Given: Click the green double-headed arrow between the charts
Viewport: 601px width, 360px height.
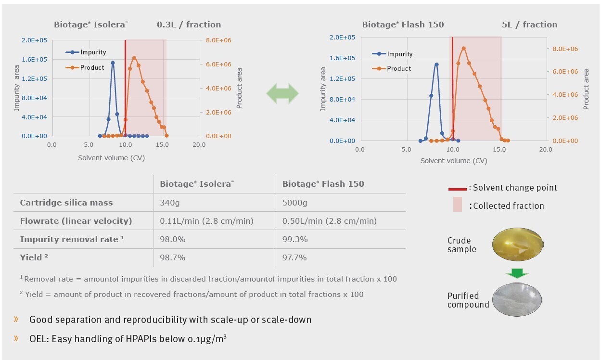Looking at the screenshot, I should [x=282, y=93].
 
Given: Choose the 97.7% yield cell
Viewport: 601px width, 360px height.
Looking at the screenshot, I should [x=294, y=257].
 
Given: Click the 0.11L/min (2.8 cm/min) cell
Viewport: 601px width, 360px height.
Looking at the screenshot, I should [x=206, y=221].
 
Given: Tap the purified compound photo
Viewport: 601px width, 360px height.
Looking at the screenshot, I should [x=517, y=298].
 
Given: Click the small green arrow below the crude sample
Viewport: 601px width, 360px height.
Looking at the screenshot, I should [x=517, y=273].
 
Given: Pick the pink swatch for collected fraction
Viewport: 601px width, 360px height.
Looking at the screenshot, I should [x=457, y=204].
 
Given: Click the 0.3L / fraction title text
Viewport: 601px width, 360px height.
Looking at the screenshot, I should [x=189, y=25].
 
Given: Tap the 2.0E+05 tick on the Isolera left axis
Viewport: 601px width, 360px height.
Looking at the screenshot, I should [x=34, y=40].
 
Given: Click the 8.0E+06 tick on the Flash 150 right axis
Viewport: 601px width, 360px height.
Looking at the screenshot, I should [x=565, y=49].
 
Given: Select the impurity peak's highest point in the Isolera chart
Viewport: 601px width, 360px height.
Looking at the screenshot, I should [x=113, y=63].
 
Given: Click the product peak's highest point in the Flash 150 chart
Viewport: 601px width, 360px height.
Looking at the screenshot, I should [x=463, y=48].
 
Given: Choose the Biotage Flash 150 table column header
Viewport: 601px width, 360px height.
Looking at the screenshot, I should [x=323, y=184].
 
